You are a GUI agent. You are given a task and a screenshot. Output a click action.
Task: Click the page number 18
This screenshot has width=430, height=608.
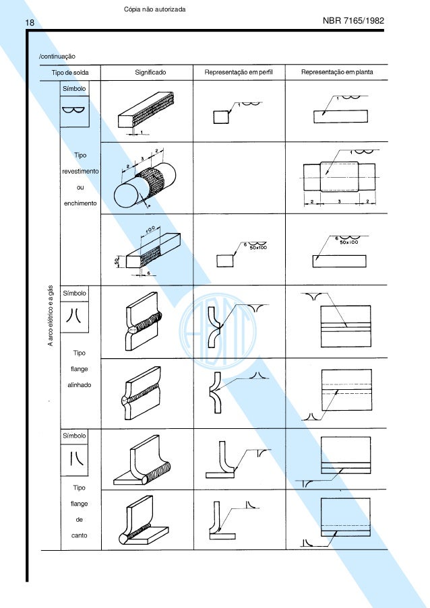tap(11, 24)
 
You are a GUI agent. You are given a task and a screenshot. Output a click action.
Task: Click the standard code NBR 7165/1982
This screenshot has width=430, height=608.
tap(354, 22)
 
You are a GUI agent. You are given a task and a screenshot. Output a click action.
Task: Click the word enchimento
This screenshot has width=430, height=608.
tap(80, 203)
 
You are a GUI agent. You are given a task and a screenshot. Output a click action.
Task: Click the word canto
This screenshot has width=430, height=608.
tap(80, 536)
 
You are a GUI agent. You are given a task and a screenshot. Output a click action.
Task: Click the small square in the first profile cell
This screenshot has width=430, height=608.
tap(220, 117)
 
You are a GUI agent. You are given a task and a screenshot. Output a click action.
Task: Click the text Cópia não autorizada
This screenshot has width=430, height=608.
tap(155, 7)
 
